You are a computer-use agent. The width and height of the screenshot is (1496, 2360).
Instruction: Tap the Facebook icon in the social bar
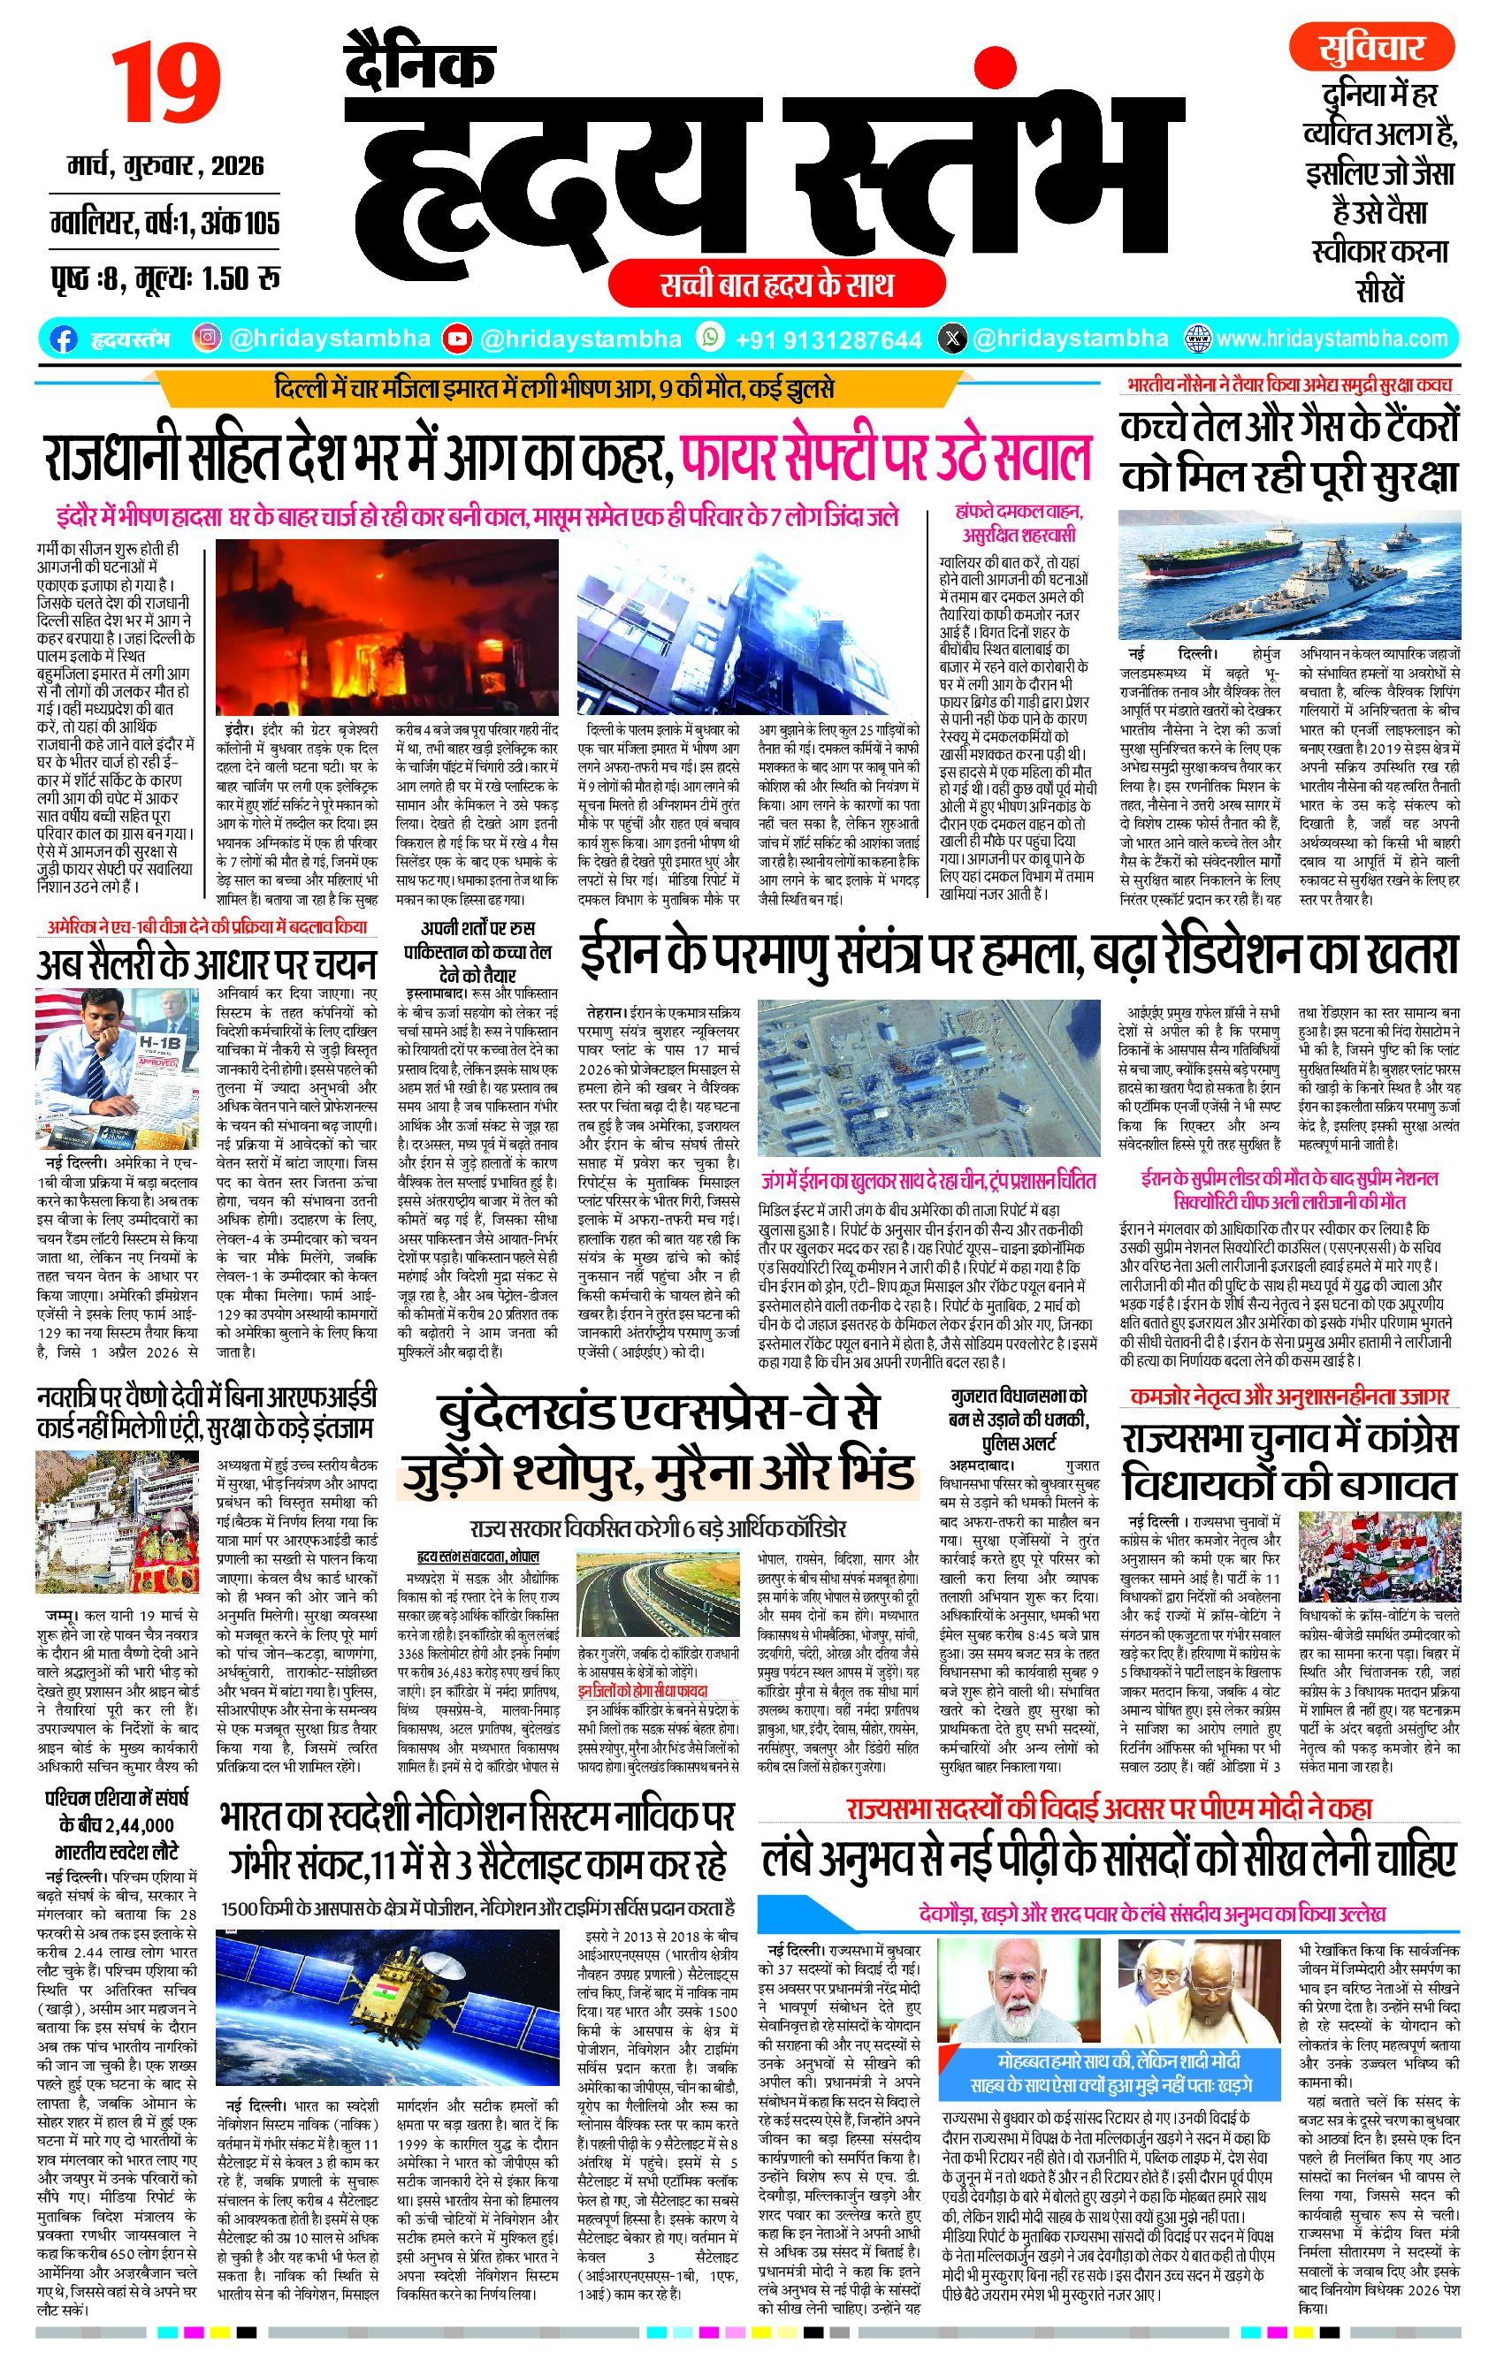(x=63, y=339)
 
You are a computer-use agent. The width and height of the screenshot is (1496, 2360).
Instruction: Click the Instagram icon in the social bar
(x=207, y=339)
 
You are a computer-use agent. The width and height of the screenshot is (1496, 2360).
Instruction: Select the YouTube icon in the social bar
(x=457, y=339)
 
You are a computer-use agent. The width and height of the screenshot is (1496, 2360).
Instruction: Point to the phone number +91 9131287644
(x=828, y=340)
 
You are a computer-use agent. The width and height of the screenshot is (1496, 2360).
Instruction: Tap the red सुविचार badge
(x=1370, y=48)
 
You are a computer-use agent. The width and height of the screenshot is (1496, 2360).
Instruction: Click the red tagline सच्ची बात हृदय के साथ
(x=775, y=285)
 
